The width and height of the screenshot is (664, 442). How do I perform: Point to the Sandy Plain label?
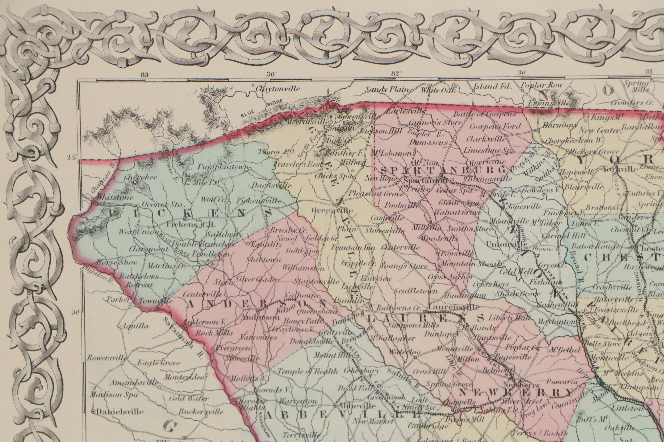[x=387, y=90]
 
